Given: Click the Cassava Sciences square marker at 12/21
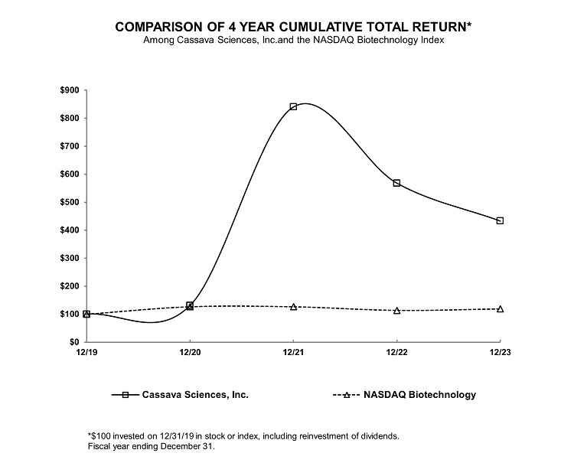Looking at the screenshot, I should (293, 106).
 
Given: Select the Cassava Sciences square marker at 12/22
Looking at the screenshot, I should (396, 183).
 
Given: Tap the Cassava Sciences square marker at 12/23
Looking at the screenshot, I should (500, 220).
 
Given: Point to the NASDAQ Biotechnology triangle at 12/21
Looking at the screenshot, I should (293, 307).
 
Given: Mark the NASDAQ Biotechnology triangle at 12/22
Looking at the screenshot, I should (396, 310).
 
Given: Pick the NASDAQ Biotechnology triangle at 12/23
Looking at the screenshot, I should (500, 308).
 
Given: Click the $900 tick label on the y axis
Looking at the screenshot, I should (68, 90).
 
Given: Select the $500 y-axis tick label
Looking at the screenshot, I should (68, 202).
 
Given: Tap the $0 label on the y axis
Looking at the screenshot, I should (73, 342).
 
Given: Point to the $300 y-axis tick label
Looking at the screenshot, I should (68, 258).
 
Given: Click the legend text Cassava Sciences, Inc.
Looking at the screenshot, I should (195, 395).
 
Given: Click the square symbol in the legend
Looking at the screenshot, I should (125, 395).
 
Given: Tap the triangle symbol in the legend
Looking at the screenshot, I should (347, 395).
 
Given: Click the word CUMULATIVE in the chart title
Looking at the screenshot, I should (303, 27).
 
